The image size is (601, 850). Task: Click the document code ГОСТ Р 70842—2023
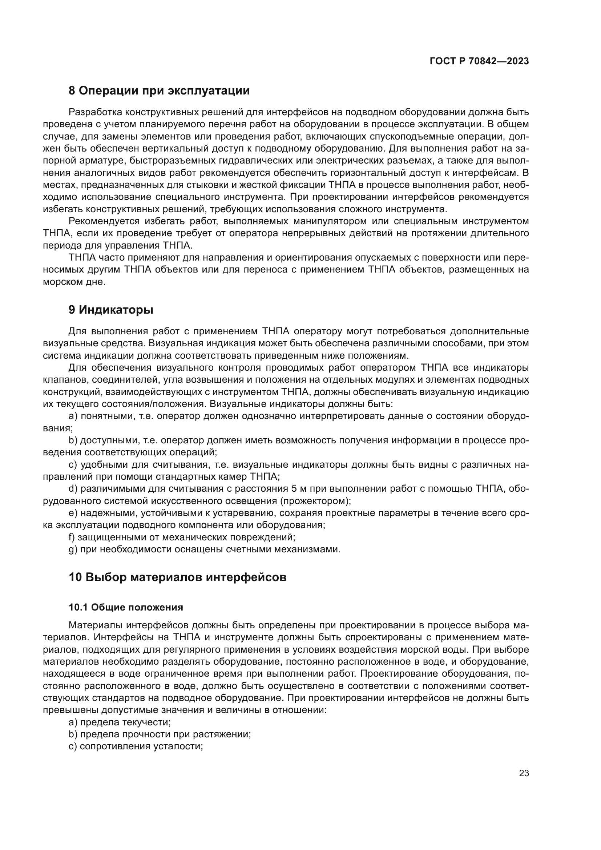(x=479, y=61)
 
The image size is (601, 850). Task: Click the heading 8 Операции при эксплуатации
(x=159, y=91)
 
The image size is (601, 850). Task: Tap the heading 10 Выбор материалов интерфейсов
(x=178, y=577)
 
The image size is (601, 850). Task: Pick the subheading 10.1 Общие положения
(x=126, y=608)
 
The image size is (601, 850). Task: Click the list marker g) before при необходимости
(x=73, y=549)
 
